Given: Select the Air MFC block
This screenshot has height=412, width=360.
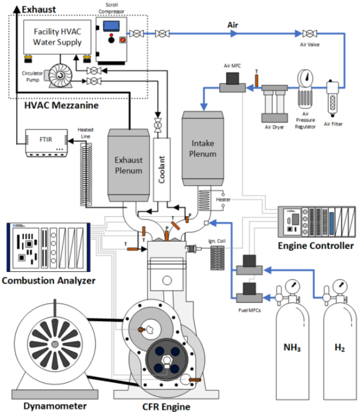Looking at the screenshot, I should [232, 87].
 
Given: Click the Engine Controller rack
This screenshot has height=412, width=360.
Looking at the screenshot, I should [317, 222].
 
